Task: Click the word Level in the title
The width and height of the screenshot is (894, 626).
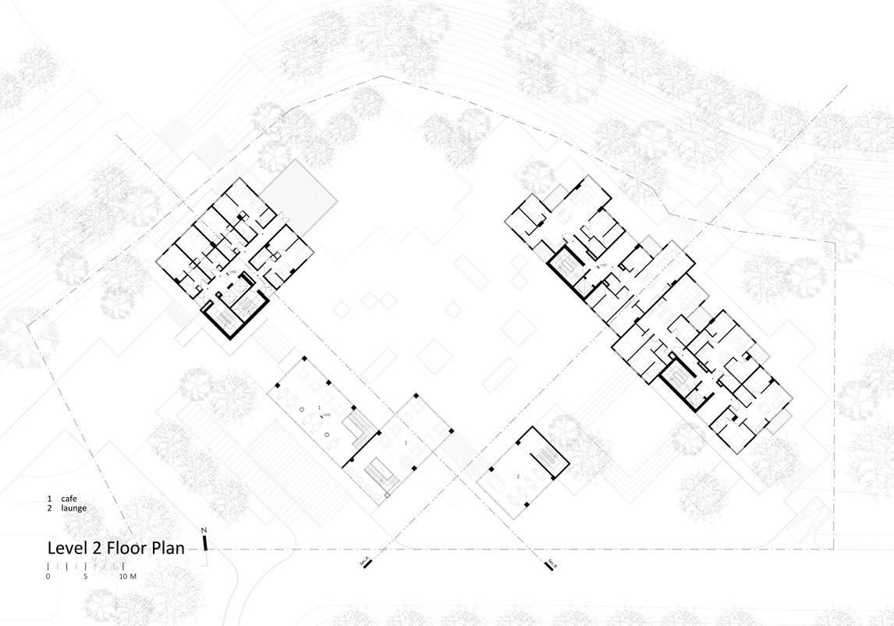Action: click(x=67, y=548)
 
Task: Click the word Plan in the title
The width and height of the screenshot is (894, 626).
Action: click(x=168, y=548)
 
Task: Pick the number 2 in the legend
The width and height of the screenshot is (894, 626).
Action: click(x=49, y=508)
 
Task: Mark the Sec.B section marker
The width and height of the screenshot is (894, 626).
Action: click(x=550, y=564)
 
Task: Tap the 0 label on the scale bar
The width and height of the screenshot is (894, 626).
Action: click(x=48, y=577)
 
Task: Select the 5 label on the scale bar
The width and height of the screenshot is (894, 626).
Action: click(x=86, y=577)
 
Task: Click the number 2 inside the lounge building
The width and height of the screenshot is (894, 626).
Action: click(x=518, y=475)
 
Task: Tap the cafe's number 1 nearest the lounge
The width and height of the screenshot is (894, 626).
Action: click(x=406, y=443)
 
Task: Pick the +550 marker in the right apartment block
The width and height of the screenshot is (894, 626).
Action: click(x=603, y=267)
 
